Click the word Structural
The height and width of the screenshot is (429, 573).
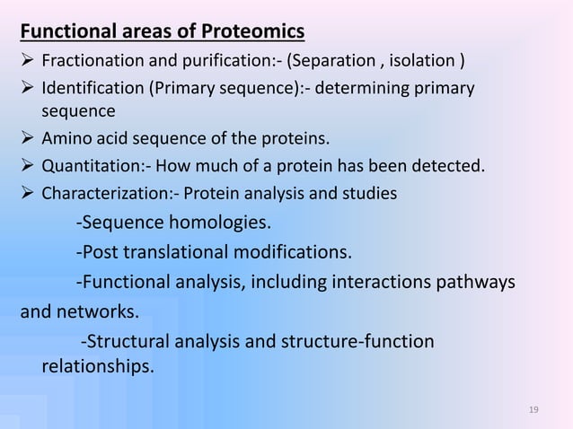pyautogui.click(x=126, y=342)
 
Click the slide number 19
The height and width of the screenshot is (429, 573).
pyautogui.click(x=533, y=410)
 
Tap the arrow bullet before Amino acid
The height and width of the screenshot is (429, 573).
pyautogui.click(x=27, y=139)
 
